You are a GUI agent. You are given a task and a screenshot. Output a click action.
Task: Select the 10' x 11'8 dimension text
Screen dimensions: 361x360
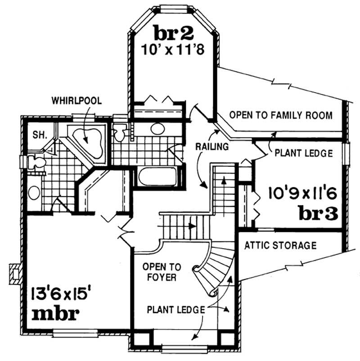coord(173,49)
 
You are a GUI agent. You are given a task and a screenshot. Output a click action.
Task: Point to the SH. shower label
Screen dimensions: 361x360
coord(36,134)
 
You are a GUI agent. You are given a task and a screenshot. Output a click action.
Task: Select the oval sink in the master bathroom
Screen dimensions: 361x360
coord(34,193)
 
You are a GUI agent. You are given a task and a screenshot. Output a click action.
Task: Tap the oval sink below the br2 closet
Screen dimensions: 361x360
coord(157,129)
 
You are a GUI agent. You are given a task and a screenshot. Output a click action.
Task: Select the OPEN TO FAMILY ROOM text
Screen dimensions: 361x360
coord(281,116)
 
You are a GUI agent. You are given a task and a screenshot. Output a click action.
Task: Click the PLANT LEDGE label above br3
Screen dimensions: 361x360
coord(303,153)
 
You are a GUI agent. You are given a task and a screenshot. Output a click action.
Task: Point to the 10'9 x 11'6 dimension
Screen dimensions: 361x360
coord(302,194)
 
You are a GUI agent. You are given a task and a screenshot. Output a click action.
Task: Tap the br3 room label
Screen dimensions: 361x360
coord(318,213)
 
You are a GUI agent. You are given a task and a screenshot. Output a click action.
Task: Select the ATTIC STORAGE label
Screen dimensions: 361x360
coord(280,245)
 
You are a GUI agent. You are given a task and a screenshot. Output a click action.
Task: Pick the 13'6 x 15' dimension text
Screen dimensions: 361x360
coord(62,294)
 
